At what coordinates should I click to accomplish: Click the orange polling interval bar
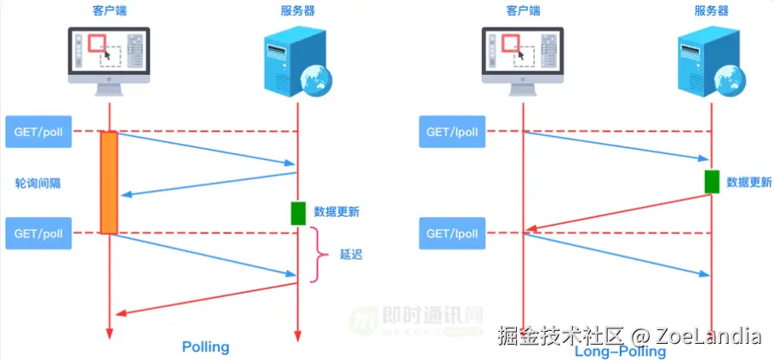(109, 181)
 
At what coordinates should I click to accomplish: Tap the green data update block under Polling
(298, 213)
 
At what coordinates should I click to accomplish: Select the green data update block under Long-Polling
(712, 181)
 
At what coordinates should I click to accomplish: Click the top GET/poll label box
(39, 132)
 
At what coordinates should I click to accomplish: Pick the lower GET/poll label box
(39, 233)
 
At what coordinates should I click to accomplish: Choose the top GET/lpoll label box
(453, 132)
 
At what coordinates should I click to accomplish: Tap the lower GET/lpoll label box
(453, 233)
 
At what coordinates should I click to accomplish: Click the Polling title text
(206, 347)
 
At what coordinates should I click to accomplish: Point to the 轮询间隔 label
(38, 183)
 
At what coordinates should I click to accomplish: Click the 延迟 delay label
(351, 254)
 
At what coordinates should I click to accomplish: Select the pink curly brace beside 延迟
(321, 254)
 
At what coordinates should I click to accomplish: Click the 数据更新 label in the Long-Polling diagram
(749, 182)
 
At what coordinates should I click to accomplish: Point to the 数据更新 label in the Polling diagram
(335, 212)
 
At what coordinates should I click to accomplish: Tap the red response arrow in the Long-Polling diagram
(617, 213)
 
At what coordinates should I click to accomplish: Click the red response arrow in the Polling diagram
(204, 299)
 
